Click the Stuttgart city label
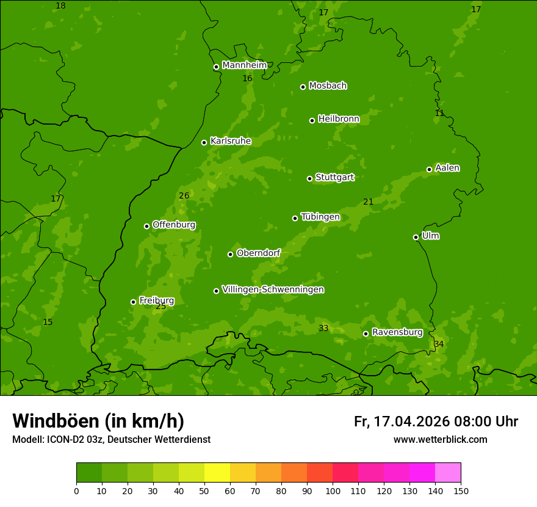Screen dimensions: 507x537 (x=334, y=178)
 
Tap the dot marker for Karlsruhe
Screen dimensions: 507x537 (x=204, y=142)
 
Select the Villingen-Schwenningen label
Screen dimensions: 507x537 (x=273, y=290)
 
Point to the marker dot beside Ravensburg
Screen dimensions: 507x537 (x=366, y=334)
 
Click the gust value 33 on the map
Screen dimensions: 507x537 (x=323, y=329)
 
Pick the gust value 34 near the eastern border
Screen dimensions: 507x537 (x=439, y=345)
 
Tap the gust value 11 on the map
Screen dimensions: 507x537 (x=439, y=114)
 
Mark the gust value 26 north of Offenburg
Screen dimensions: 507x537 (x=184, y=196)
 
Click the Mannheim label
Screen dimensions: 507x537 (x=244, y=65)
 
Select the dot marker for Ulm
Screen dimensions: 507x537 (x=416, y=237)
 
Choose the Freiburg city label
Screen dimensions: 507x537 (x=156, y=301)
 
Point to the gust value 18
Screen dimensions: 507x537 (x=60, y=6)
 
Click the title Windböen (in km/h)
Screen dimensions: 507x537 (x=98, y=421)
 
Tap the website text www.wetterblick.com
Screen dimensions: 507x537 (x=440, y=439)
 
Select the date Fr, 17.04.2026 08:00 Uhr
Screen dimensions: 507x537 (x=436, y=421)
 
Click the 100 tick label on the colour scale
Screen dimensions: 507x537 (x=333, y=491)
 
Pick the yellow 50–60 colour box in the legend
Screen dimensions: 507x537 (x=217, y=473)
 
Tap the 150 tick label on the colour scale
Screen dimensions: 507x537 (x=461, y=491)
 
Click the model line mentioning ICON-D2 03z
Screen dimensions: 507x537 (x=111, y=439)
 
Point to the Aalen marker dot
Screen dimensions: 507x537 (x=429, y=169)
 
